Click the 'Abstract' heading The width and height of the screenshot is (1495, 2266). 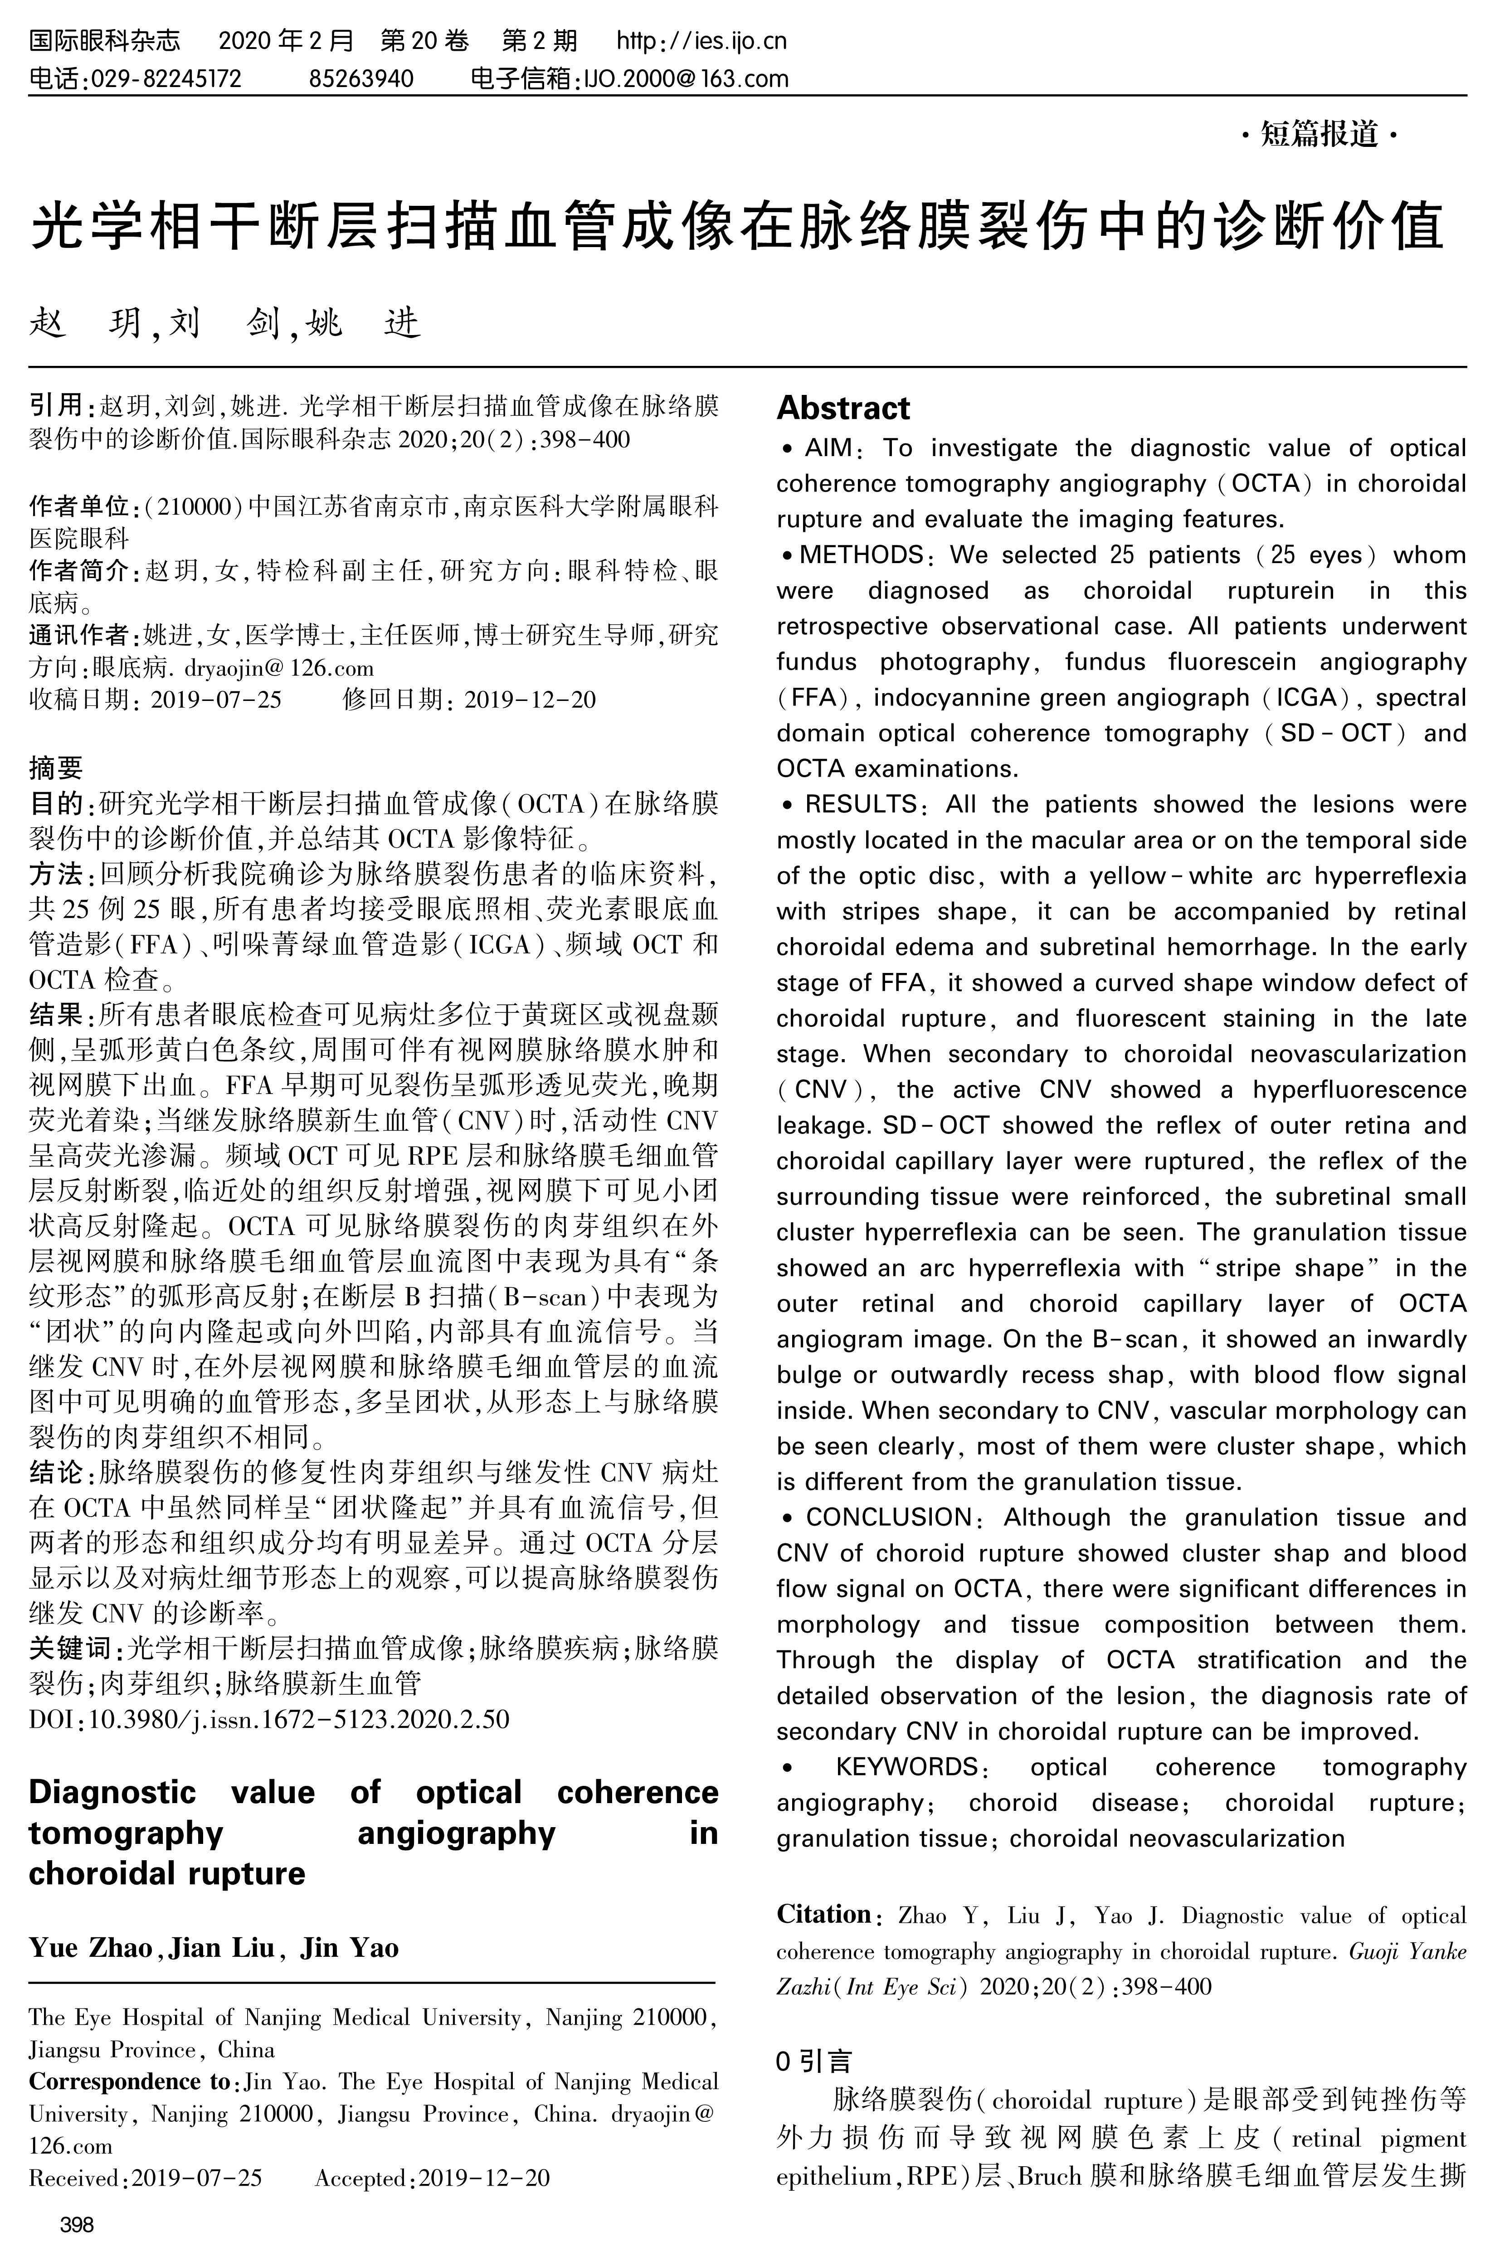pyautogui.click(x=843, y=408)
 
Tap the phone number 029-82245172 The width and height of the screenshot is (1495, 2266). pyautogui.click(x=165, y=78)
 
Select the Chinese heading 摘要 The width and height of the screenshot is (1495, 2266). pyautogui.click(x=56, y=768)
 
